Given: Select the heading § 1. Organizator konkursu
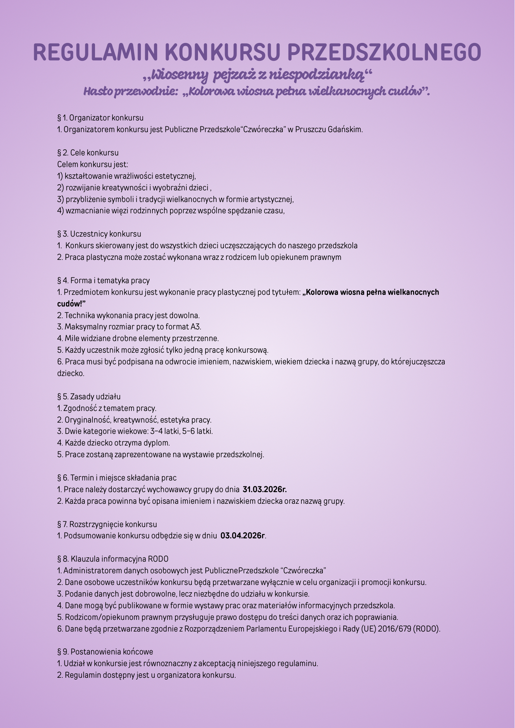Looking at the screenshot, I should [x=100, y=118].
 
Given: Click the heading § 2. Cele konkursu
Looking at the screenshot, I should [x=88, y=153].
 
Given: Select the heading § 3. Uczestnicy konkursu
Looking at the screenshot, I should [x=99, y=234].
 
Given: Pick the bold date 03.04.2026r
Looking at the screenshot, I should [x=243, y=535].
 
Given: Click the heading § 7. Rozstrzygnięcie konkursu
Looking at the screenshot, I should [x=107, y=524].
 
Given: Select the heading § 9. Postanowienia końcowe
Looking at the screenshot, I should [x=105, y=652].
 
